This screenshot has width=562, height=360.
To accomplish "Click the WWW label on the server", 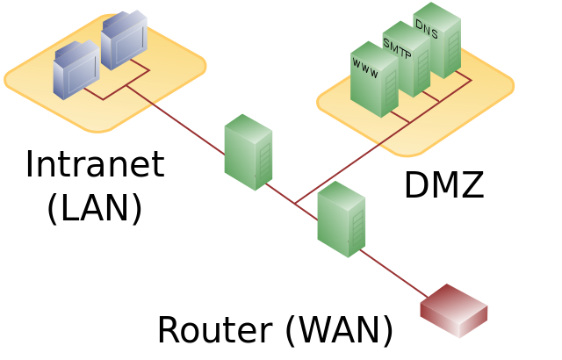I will (365, 68).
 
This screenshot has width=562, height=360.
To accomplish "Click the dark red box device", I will (453, 311).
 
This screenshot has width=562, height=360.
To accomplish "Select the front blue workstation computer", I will (76, 70).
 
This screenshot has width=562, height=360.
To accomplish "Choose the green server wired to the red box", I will (341, 220).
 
